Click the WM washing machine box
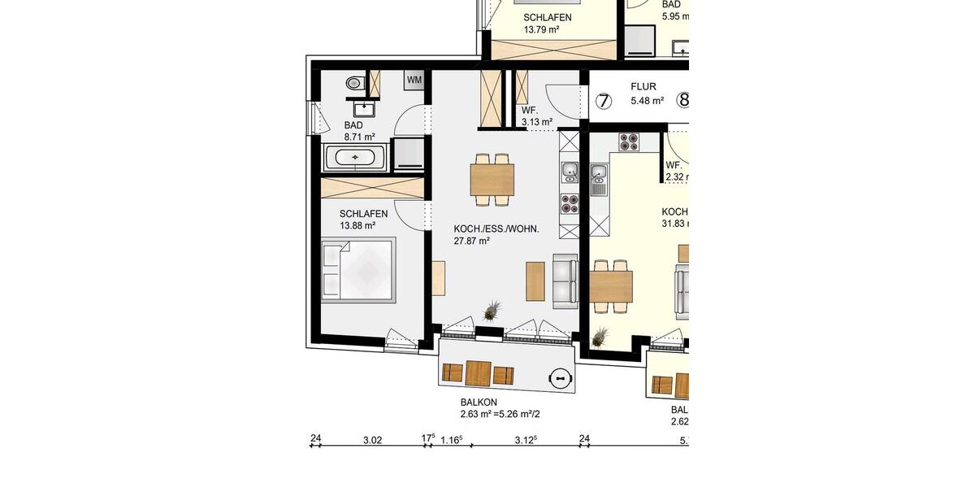(414, 80)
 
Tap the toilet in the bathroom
(355, 83)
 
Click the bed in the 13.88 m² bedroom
(357, 270)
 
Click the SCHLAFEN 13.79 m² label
(547, 24)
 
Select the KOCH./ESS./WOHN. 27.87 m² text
(496, 234)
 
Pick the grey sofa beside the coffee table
(565, 281)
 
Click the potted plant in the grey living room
(492, 311)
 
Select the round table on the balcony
(561, 377)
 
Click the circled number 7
(603, 101)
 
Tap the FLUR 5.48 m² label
(647, 94)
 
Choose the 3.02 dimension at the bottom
(372, 440)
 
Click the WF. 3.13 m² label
(536, 116)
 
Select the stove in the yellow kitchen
(629, 142)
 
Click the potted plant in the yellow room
(600, 335)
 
